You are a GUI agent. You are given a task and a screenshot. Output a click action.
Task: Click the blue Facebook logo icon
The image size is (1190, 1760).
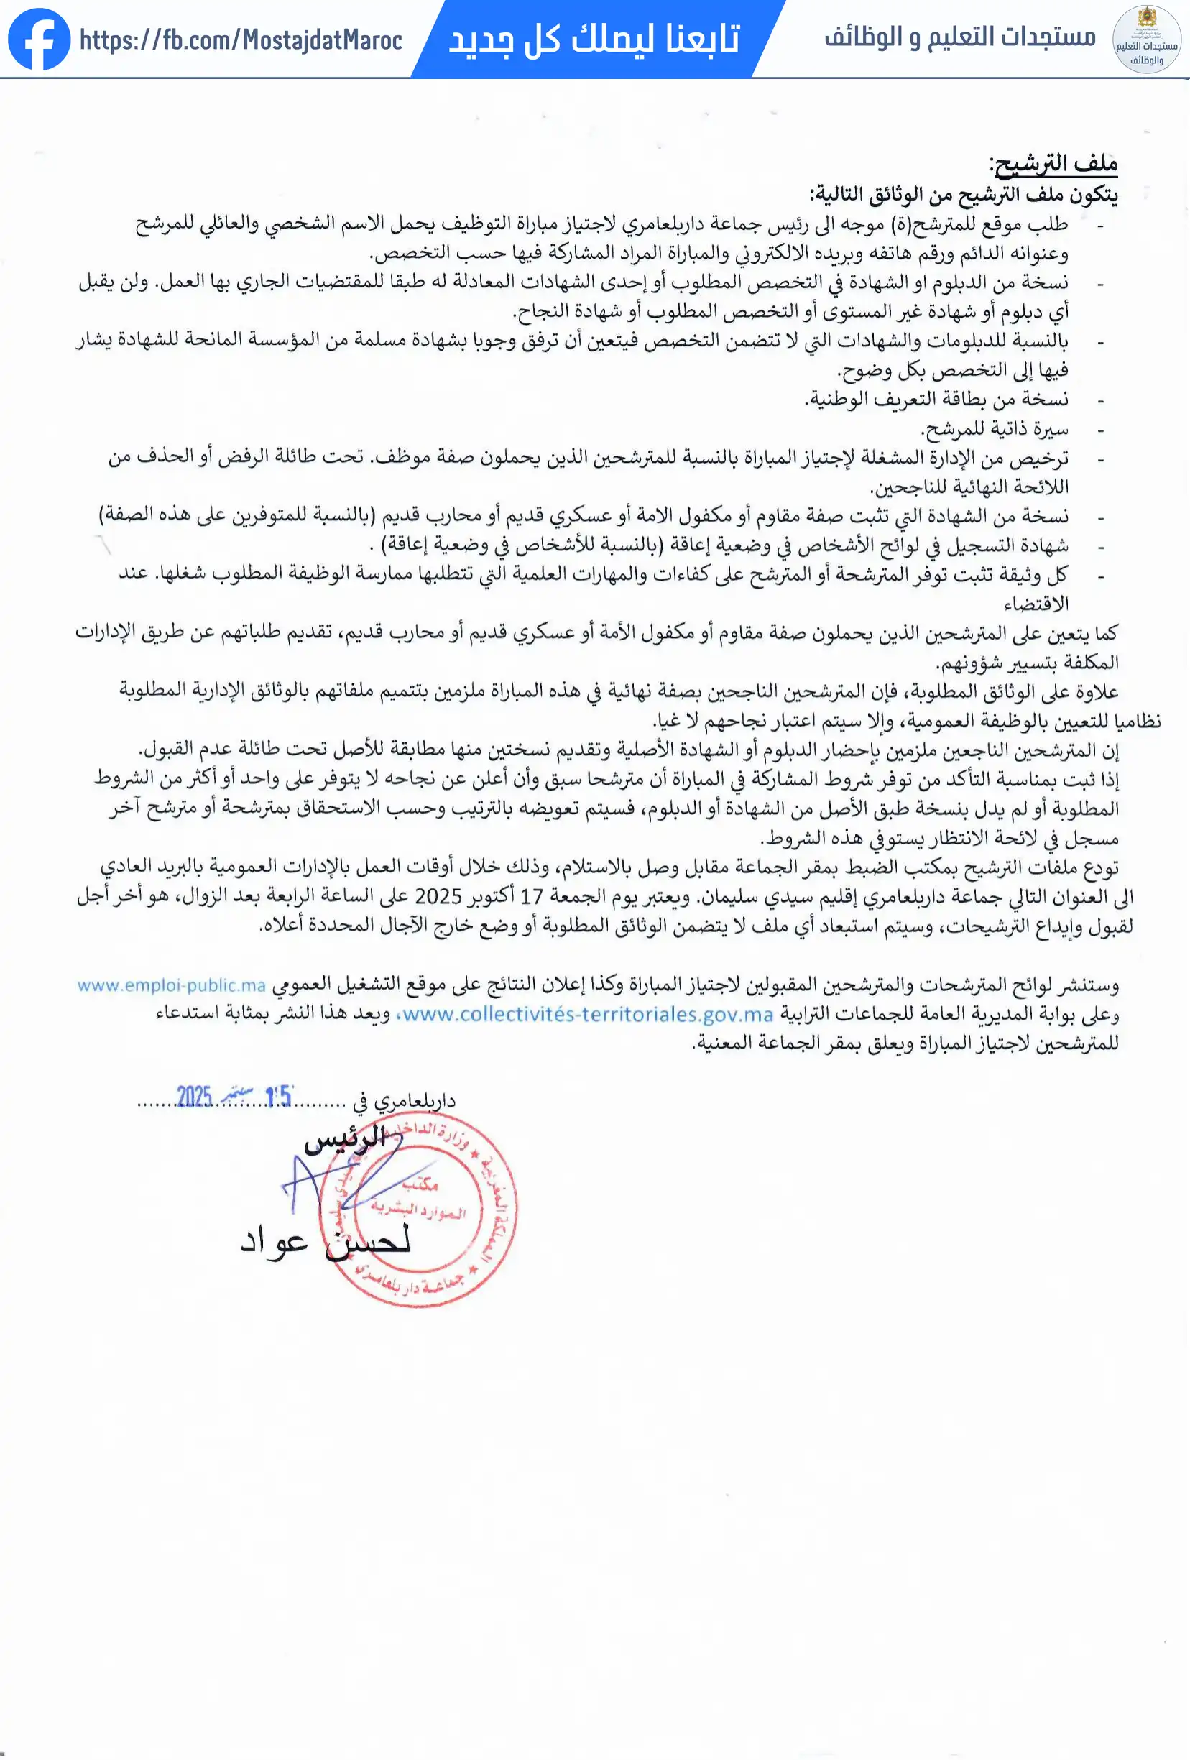point(40,40)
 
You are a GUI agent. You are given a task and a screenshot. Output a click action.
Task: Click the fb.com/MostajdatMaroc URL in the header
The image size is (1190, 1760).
point(241,40)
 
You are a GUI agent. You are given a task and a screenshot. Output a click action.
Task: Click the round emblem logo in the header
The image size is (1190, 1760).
point(1147,40)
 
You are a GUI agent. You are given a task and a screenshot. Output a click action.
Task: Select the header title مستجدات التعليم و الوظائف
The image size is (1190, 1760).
point(960,37)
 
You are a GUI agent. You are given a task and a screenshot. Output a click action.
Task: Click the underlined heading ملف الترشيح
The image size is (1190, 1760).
point(1053,164)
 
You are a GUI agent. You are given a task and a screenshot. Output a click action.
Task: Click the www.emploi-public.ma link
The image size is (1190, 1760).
point(171,985)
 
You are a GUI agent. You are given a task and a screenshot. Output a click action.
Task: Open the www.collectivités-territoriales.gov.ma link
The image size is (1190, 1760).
point(587,1014)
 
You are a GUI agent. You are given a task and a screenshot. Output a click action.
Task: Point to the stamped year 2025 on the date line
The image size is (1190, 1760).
point(194,1097)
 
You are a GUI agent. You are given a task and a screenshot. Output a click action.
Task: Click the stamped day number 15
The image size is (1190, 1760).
point(279,1097)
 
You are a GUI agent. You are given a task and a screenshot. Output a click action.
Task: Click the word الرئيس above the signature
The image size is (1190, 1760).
point(346,1141)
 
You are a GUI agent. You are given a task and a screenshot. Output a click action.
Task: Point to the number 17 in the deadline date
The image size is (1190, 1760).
point(532,897)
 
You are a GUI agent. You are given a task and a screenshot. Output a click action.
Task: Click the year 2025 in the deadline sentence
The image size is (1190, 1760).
point(438,897)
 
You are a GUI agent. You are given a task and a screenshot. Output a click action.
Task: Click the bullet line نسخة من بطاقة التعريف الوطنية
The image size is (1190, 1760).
point(936,399)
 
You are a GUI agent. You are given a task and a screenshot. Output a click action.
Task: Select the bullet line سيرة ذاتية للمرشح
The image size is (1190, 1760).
point(994,429)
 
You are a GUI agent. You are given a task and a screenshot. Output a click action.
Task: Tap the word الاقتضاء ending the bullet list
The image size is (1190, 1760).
point(1036,604)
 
